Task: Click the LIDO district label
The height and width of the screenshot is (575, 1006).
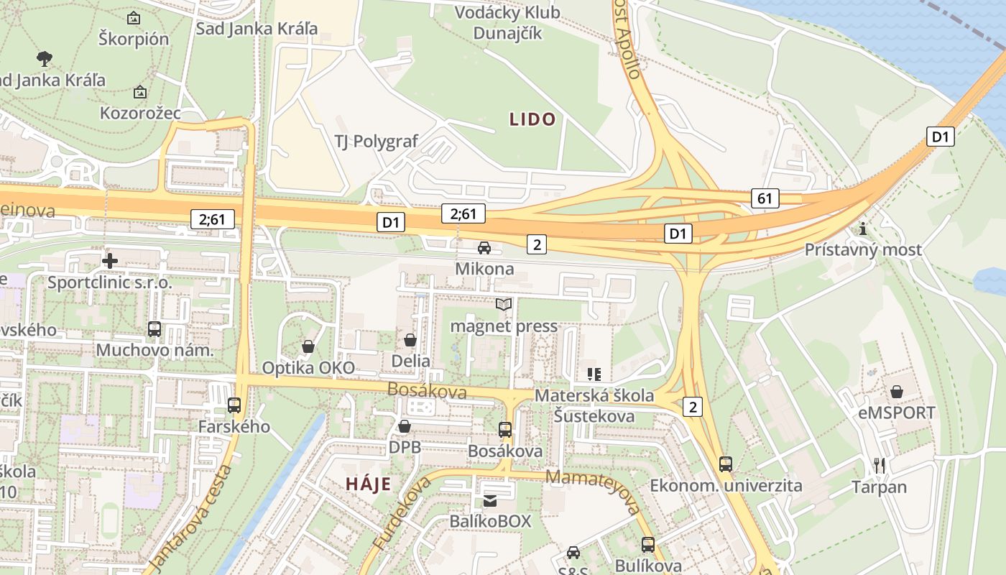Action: point(532,119)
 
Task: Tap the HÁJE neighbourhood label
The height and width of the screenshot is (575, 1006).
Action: point(369,484)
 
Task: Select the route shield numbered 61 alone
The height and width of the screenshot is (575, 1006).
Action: point(766,198)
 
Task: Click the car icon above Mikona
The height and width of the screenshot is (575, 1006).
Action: point(484,248)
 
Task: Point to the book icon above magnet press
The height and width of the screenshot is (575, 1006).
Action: point(504,305)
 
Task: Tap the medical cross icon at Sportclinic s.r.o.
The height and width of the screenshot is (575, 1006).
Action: point(110,260)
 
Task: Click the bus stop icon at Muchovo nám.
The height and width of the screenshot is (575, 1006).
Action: point(154,329)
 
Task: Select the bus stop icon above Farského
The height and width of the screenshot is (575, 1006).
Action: point(234,405)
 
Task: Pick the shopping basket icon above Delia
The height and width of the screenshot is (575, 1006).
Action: point(410,339)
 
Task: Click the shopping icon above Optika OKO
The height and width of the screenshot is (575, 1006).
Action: point(308,346)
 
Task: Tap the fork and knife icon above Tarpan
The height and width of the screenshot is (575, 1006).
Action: point(879,465)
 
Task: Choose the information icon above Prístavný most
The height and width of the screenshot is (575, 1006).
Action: point(862,229)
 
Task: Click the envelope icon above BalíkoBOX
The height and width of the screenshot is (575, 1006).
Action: point(489,500)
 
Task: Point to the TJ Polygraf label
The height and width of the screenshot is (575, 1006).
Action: point(376,141)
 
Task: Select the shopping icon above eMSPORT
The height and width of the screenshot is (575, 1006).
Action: point(897,392)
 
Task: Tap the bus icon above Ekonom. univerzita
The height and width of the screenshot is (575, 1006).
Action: point(726,464)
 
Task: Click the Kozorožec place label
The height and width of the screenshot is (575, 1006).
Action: point(140,114)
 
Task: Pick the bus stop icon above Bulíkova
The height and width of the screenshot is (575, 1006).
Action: point(648,544)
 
